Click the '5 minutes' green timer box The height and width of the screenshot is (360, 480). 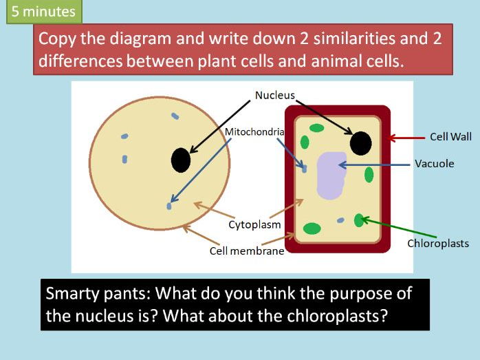pyautogui.click(x=44, y=12)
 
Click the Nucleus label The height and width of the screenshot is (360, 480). pyautogui.click(x=274, y=95)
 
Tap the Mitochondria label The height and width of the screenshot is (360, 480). pyautogui.click(x=254, y=131)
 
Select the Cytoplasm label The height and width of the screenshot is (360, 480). pyautogui.click(x=254, y=224)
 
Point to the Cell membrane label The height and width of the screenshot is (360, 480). pyautogui.click(x=247, y=251)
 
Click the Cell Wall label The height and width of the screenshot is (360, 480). pyautogui.click(x=450, y=137)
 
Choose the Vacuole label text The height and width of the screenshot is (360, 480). pyautogui.click(x=435, y=163)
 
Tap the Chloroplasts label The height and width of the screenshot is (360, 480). pyautogui.click(x=438, y=243)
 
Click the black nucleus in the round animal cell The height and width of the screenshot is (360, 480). pyautogui.click(x=181, y=160)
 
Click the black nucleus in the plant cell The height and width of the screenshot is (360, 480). pyautogui.click(x=361, y=143)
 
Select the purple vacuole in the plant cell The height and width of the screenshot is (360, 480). pyautogui.click(x=331, y=176)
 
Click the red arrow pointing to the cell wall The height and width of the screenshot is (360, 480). pyautogui.click(x=406, y=138)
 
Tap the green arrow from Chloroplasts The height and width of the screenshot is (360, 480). pyautogui.click(x=399, y=227)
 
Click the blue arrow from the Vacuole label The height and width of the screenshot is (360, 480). pyautogui.click(x=374, y=165)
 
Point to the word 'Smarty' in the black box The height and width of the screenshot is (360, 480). pyautogui.click(x=72, y=293)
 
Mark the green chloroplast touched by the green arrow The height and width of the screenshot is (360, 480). pyautogui.click(x=359, y=220)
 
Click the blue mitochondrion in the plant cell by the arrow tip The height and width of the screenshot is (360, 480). pyautogui.click(x=304, y=169)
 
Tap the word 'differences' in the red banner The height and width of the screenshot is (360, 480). pyautogui.click(x=80, y=61)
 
